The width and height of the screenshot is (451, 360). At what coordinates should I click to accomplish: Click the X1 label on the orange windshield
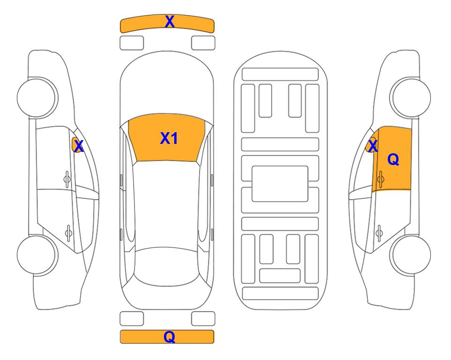tap(169, 138)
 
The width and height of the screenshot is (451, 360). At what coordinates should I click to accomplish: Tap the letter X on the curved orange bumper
tap(170, 22)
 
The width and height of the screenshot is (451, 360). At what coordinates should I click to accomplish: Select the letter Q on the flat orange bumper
tap(170, 337)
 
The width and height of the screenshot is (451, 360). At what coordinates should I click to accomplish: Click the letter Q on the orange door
tap(393, 159)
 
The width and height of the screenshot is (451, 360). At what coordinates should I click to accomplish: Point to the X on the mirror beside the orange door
tap(373, 146)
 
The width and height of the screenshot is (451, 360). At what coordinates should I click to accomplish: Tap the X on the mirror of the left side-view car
tap(79, 146)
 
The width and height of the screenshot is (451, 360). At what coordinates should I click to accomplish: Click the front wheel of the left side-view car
tap(37, 97)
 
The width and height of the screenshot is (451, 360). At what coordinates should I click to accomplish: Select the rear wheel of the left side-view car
tap(37, 255)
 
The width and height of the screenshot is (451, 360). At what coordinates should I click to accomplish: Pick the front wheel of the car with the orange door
tap(410, 97)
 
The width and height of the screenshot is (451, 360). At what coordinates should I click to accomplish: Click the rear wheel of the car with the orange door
tap(410, 255)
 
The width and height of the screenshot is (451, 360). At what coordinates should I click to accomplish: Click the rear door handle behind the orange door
tap(379, 232)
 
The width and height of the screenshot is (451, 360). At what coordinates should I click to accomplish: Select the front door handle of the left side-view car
tap(67, 180)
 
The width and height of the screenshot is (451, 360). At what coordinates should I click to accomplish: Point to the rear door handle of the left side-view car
tap(68, 232)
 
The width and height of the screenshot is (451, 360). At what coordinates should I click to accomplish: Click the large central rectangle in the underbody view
tap(280, 184)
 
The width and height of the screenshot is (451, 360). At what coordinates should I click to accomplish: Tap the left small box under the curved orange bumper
tap(132, 43)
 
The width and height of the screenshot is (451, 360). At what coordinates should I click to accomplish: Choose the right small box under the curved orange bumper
tap(203, 43)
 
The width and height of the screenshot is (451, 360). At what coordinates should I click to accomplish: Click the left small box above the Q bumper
tap(132, 319)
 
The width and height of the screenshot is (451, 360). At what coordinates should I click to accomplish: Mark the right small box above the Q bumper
tap(203, 319)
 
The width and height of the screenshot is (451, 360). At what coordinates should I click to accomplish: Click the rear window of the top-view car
tap(167, 266)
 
